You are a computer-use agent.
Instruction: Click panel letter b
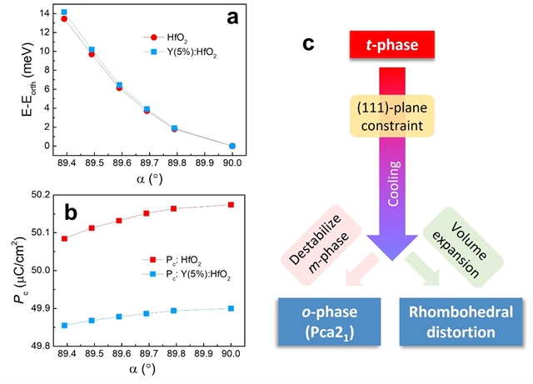[71, 212]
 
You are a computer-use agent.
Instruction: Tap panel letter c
[307, 40]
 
